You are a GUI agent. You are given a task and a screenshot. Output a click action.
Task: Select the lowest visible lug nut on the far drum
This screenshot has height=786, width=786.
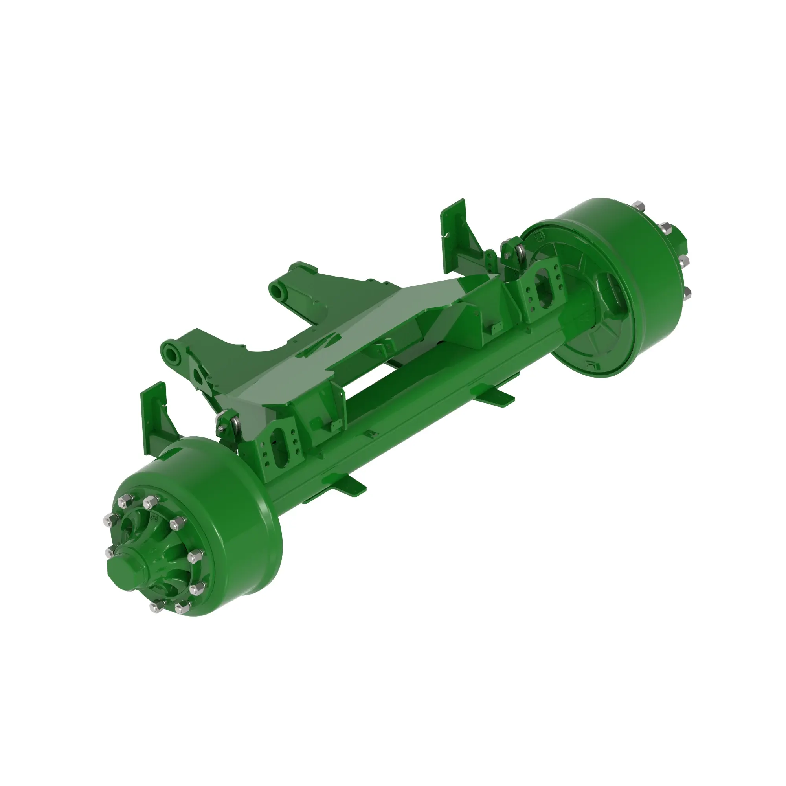tap(687, 293)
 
